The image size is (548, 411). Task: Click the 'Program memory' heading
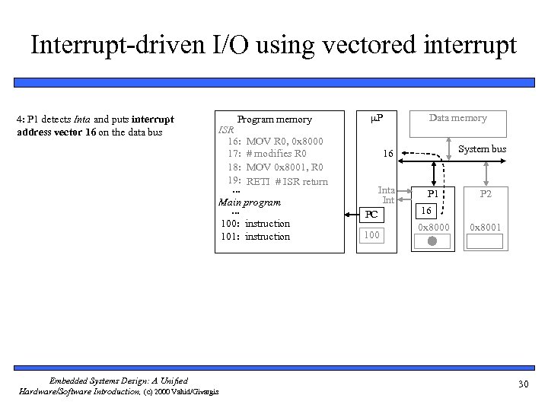(274, 119)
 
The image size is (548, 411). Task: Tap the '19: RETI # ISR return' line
(276, 181)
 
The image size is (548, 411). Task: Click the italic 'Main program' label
(250, 202)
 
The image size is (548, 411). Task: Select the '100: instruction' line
(255, 223)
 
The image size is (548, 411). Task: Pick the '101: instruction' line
(255, 236)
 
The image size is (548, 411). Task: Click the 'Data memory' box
(457, 117)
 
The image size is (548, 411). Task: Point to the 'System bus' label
(482, 148)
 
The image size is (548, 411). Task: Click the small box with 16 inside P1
(426, 209)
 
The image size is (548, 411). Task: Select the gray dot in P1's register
(432, 241)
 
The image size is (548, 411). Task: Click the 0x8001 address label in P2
(486, 227)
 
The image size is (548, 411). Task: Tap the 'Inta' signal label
(387, 190)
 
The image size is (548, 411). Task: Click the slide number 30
(523, 384)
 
